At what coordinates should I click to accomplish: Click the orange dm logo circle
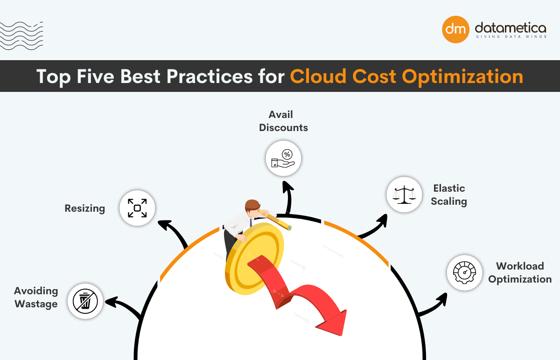pyautogui.click(x=455, y=29)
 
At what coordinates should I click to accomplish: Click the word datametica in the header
pyautogui.click(x=510, y=27)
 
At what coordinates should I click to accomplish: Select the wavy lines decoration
pyautogui.click(x=21, y=35)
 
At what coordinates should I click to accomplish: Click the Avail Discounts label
pyautogui.click(x=283, y=121)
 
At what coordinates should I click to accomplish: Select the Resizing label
pyautogui.click(x=84, y=208)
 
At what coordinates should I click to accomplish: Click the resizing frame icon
pyautogui.click(x=137, y=208)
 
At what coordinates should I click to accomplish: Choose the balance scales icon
pyautogui.click(x=404, y=194)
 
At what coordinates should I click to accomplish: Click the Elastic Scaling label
pyautogui.click(x=449, y=194)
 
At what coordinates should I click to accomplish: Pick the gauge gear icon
pyautogui.click(x=464, y=273)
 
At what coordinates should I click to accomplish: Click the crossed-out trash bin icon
pyautogui.click(x=85, y=301)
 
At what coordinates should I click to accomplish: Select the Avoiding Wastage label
pyautogui.click(x=36, y=297)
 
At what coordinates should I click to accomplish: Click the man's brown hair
pyautogui.click(x=252, y=205)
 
